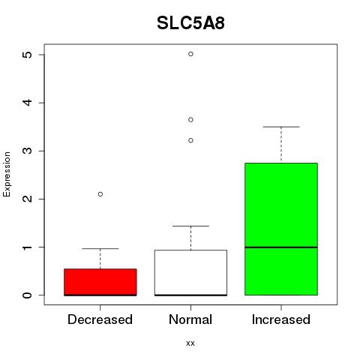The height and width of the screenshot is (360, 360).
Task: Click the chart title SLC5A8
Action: click(x=190, y=23)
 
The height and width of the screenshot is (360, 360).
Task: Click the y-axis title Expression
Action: click(x=7, y=174)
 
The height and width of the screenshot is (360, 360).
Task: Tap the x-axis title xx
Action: click(x=190, y=343)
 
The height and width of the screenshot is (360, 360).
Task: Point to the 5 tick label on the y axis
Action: click(x=28, y=55)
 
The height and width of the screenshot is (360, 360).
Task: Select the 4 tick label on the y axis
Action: click(x=28, y=103)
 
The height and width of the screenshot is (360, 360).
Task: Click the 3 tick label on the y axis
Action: click(x=28, y=151)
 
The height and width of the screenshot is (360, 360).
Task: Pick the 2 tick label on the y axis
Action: click(x=28, y=199)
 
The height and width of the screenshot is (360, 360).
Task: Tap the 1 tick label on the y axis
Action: click(x=28, y=247)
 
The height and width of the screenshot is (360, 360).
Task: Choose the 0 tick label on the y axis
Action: click(x=28, y=295)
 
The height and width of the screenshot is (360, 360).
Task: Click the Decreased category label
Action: click(x=100, y=319)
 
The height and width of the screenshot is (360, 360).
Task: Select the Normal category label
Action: click(x=190, y=319)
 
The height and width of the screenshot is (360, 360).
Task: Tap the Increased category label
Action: click(x=281, y=319)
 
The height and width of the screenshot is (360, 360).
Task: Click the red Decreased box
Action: click(x=100, y=282)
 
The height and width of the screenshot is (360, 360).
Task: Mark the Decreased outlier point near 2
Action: click(x=100, y=194)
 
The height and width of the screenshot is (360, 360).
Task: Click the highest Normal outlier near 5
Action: click(x=190, y=54)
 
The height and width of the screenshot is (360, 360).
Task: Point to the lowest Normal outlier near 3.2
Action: click(x=190, y=140)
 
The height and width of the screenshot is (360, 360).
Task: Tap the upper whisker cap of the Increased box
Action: click(x=281, y=127)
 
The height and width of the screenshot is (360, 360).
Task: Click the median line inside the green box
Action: click(x=281, y=247)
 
